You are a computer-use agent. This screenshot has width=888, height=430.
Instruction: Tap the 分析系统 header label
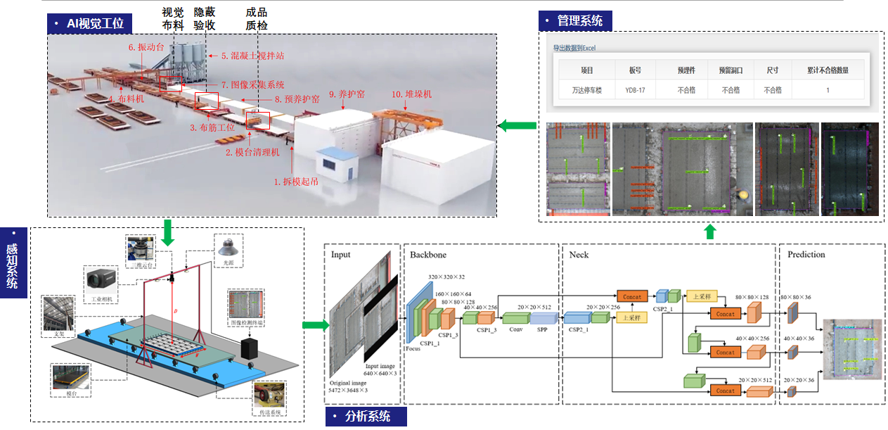pos(366,416)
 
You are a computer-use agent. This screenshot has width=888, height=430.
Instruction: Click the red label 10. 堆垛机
pos(411,94)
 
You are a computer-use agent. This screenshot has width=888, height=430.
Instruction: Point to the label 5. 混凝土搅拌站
pos(252,55)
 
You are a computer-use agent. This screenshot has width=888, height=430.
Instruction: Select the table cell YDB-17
pos(635,90)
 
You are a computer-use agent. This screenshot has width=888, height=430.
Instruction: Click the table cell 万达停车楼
pos(587,90)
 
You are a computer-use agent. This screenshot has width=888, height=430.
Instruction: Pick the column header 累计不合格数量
pos(828,70)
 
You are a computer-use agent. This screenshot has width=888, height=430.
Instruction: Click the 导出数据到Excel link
pos(574,49)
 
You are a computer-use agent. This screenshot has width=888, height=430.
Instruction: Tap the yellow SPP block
pos(542,317)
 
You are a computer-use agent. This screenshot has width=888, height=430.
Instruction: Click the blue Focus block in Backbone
pos(411,312)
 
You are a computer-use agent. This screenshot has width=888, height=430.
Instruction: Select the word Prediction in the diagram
pos(806,254)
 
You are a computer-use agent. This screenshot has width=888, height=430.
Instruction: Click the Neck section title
pos(579,254)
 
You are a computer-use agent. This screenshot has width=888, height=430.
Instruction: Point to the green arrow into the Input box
pos(314,325)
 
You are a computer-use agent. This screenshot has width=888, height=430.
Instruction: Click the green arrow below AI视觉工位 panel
pos(167,233)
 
